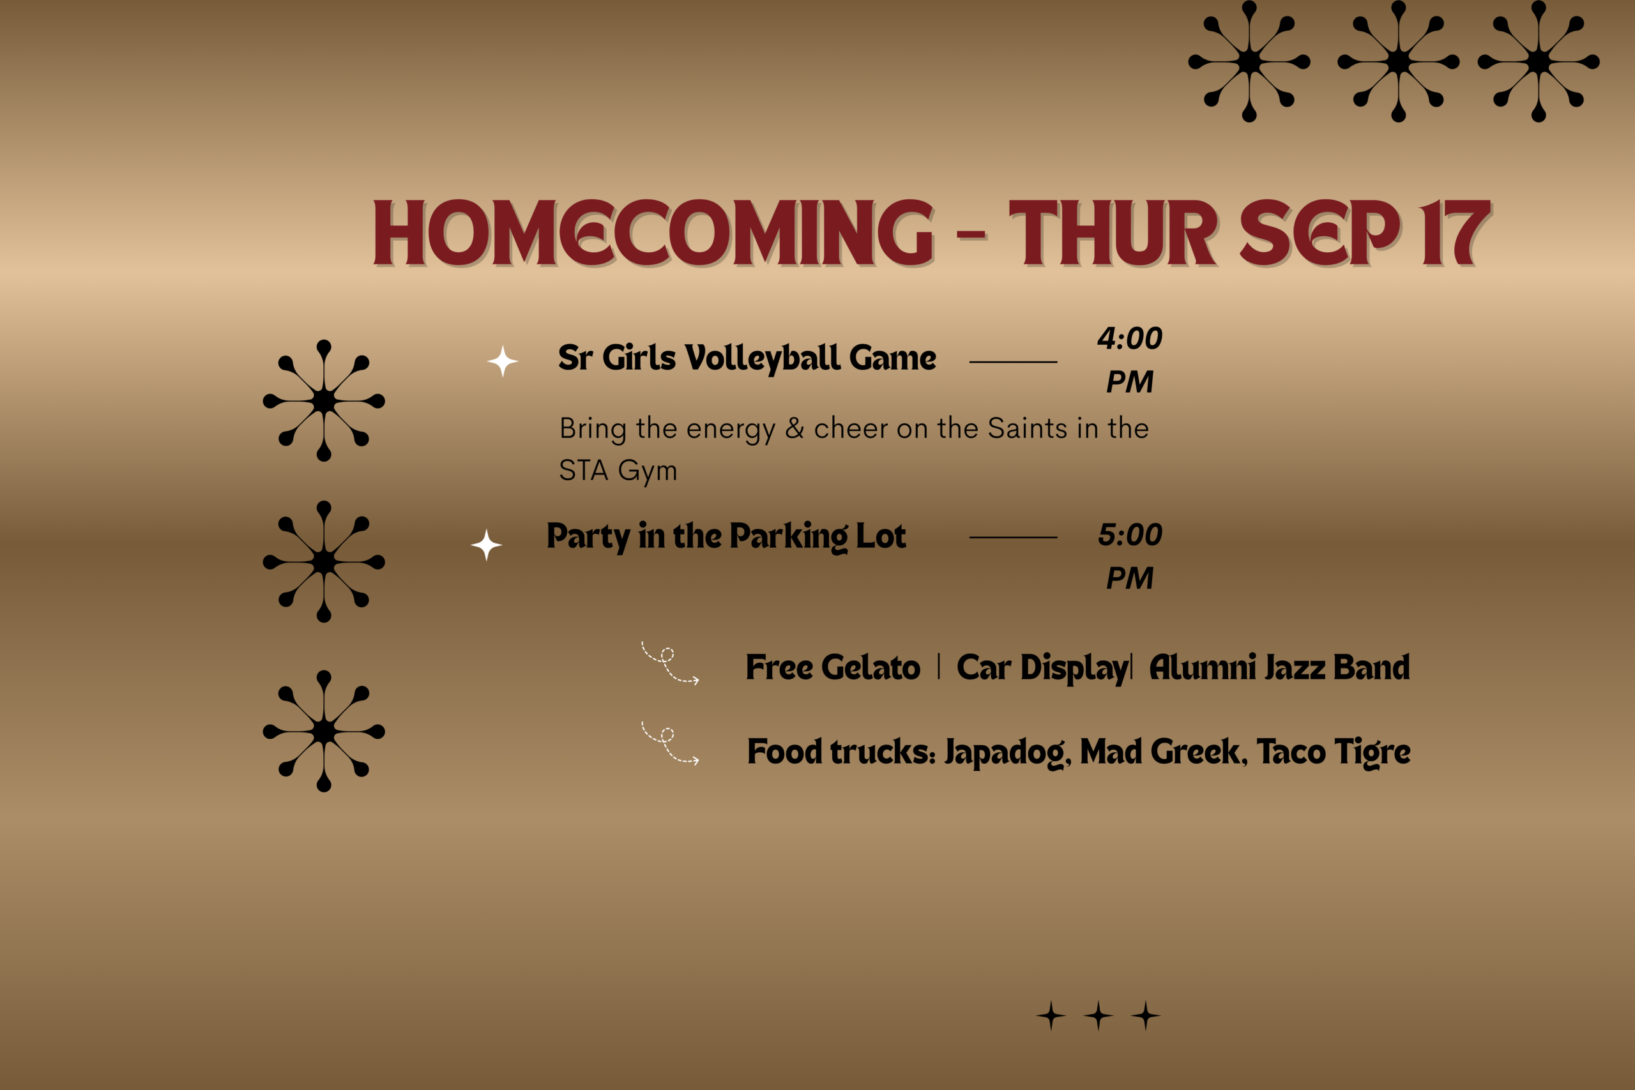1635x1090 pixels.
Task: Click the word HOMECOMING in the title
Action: [654, 232]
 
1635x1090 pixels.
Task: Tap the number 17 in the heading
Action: [1456, 232]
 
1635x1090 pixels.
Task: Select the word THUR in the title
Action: [1112, 232]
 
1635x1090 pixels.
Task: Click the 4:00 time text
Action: [1130, 338]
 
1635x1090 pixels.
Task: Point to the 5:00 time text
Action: [1130, 534]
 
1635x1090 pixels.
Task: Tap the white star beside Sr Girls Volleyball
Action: [503, 361]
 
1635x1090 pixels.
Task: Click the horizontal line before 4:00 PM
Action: [1013, 362]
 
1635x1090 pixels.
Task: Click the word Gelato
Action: [871, 667]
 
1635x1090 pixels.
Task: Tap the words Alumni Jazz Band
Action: [1280, 667]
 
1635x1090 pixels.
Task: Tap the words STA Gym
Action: [618, 471]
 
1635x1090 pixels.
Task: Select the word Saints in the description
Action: [1028, 428]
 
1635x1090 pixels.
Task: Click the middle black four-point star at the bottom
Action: [1099, 1016]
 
